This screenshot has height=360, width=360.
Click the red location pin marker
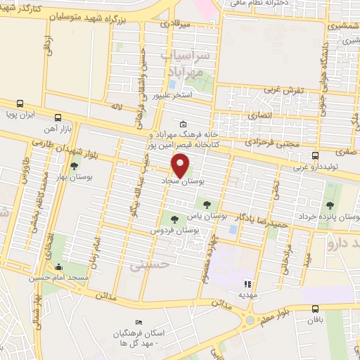pyautogui.click(x=181, y=166)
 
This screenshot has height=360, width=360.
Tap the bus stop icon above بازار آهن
pyautogui.click(x=58, y=117)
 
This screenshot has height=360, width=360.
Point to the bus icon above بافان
pyautogui.click(x=315, y=308)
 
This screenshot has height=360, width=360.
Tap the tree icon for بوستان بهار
pyautogui.click(x=75, y=166)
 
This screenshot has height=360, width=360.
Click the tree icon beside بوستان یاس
pyautogui.click(x=206, y=204)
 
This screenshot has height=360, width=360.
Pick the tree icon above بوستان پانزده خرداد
pyautogui.click(x=330, y=205)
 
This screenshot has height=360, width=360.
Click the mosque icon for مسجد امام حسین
pyautogui.click(x=58, y=268)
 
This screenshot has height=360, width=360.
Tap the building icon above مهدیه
pyautogui.click(x=247, y=285)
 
